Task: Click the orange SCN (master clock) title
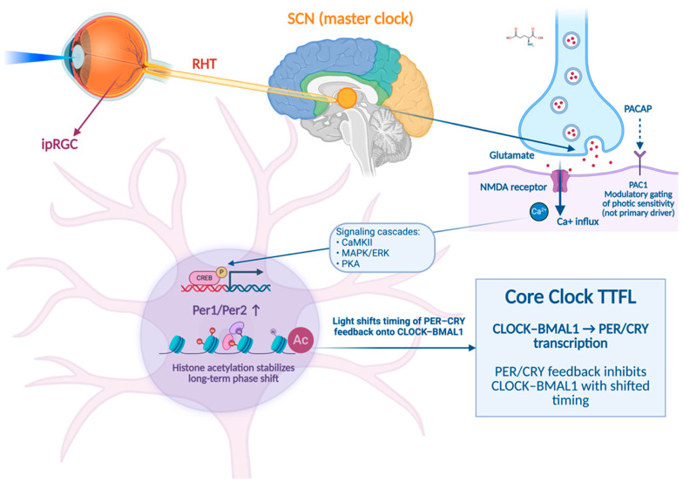[350, 19]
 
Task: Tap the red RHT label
[204, 65]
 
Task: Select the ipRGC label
[59, 145]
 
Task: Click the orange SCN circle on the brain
[347, 98]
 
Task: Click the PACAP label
[638, 108]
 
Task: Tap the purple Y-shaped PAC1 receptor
[639, 160]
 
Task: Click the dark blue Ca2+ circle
[538, 212]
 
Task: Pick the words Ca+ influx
[578, 221]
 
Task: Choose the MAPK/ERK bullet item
[362, 253]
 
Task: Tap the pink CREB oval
[204, 277]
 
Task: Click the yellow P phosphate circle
[221, 272]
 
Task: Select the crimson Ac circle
[301, 340]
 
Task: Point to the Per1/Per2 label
[227, 310]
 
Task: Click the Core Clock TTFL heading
[570, 296]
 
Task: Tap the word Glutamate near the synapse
[511, 155]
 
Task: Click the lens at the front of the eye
[78, 58]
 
